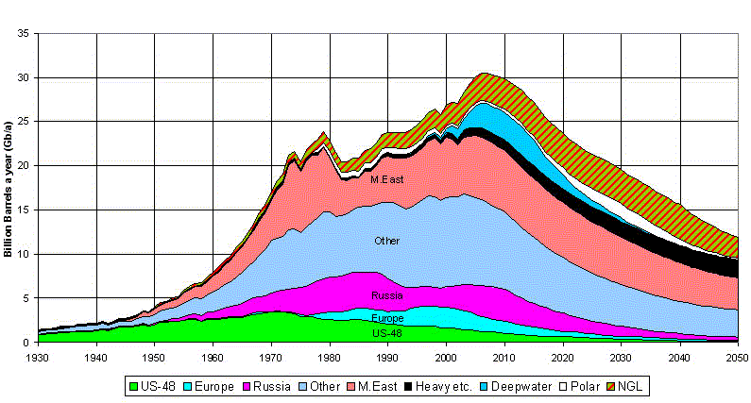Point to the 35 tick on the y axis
(x=26, y=34)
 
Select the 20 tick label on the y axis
(x=26, y=166)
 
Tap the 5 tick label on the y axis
(x=28, y=298)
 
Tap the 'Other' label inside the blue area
(x=386, y=242)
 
